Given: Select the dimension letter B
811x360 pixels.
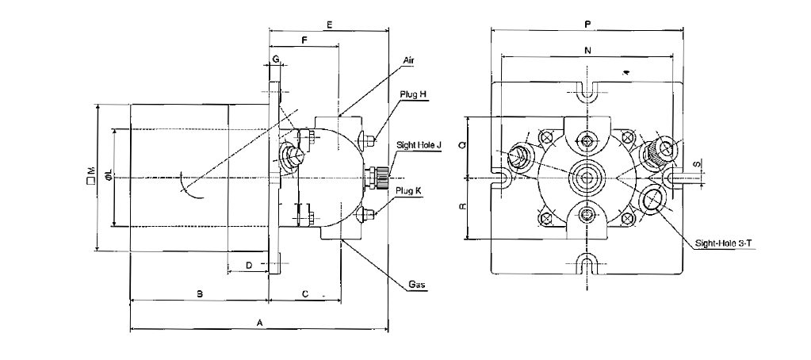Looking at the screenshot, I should pyautogui.click(x=200, y=293).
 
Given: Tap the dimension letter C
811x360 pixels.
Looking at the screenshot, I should pyautogui.click(x=305, y=293).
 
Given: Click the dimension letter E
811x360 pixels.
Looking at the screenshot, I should pyautogui.click(x=328, y=25).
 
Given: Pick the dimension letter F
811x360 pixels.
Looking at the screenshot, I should pyautogui.click(x=304, y=40).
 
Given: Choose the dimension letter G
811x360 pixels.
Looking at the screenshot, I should pyautogui.click(x=275, y=59).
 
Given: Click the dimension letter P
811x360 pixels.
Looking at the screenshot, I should pyautogui.click(x=587, y=25).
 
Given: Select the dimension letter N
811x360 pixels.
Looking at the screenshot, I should pyautogui.click(x=587, y=50).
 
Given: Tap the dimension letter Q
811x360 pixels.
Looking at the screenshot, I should pyautogui.click(x=463, y=146).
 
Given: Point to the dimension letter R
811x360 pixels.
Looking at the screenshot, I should pyautogui.click(x=463, y=208).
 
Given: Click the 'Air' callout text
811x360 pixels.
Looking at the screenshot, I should pyautogui.click(x=409, y=60).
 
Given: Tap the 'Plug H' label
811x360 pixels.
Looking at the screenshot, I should pyautogui.click(x=412, y=94).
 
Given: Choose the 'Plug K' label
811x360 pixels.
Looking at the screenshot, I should pyautogui.click(x=410, y=190).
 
